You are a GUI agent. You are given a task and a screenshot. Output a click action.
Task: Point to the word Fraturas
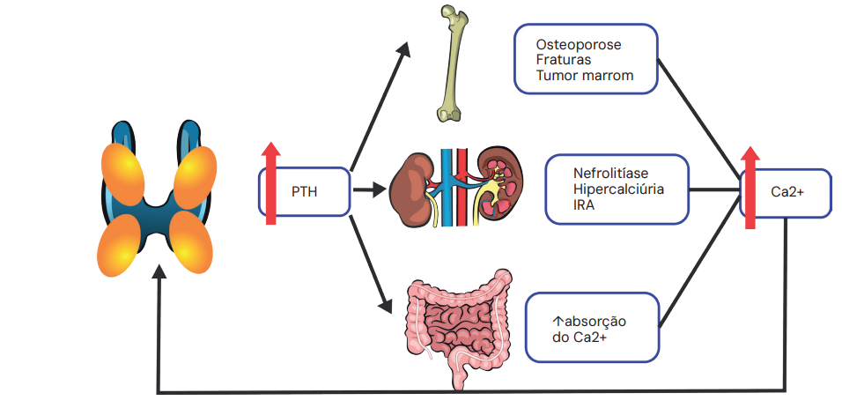(565, 60)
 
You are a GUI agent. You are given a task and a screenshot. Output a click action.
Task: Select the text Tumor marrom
(585, 76)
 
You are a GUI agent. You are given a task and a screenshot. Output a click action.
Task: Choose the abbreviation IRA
(584, 205)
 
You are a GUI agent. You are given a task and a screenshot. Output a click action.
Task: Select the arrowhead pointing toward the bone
(403, 49)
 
